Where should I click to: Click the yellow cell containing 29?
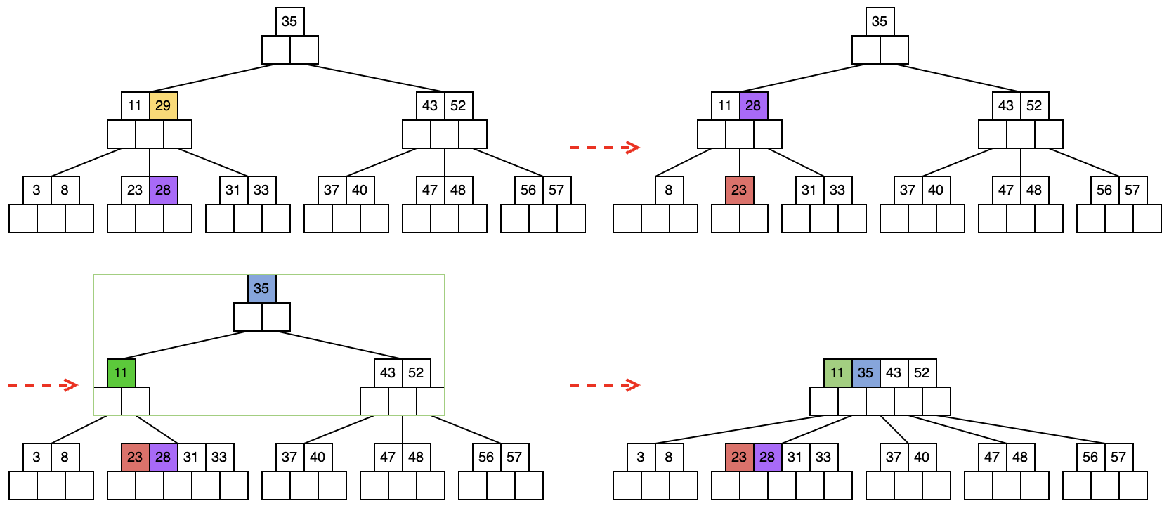pyautogui.click(x=163, y=105)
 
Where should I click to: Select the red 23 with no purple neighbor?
pyautogui.click(x=739, y=190)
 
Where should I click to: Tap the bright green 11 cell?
pyautogui.click(x=121, y=372)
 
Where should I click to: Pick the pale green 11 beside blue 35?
pyautogui.click(x=837, y=372)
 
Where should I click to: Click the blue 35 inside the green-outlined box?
pyautogui.click(x=261, y=288)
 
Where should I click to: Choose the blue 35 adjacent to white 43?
pyautogui.click(x=866, y=372)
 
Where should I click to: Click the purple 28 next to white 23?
pyautogui.click(x=163, y=190)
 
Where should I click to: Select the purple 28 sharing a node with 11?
pyautogui.click(x=753, y=105)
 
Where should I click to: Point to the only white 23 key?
pyautogui.click(x=135, y=190)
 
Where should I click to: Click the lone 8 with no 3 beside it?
pyautogui.click(x=669, y=190)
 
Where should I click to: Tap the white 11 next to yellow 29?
pyautogui.click(x=135, y=105)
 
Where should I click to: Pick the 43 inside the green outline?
pyautogui.click(x=388, y=372)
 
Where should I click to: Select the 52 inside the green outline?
pyautogui.click(x=416, y=372)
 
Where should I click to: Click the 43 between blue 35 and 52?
pyautogui.click(x=894, y=372)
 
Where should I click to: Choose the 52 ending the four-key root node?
pyautogui.click(x=922, y=372)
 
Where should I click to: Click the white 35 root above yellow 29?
pyautogui.click(x=289, y=21)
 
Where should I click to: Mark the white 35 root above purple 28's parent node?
pyautogui.click(x=880, y=21)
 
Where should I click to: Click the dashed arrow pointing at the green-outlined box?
pyautogui.click(x=43, y=385)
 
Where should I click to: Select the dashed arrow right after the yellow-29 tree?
pyautogui.click(x=605, y=147)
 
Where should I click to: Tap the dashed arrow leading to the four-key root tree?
pyautogui.click(x=605, y=385)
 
